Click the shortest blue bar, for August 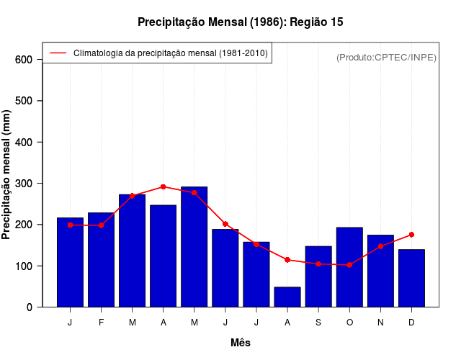(x=287, y=297)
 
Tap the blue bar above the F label (x=101, y=260)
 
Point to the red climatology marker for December (x=411, y=235)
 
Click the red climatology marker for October (x=349, y=265)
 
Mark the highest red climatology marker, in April (x=164, y=186)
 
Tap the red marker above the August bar (x=287, y=260)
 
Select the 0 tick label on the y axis (x=29, y=307)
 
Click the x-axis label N (x=380, y=323)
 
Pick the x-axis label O (x=349, y=323)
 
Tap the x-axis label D (x=411, y=323)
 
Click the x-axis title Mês (x=241, y=343)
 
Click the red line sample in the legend (x=58, y=53)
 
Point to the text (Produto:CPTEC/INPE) (x=387, y=57)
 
